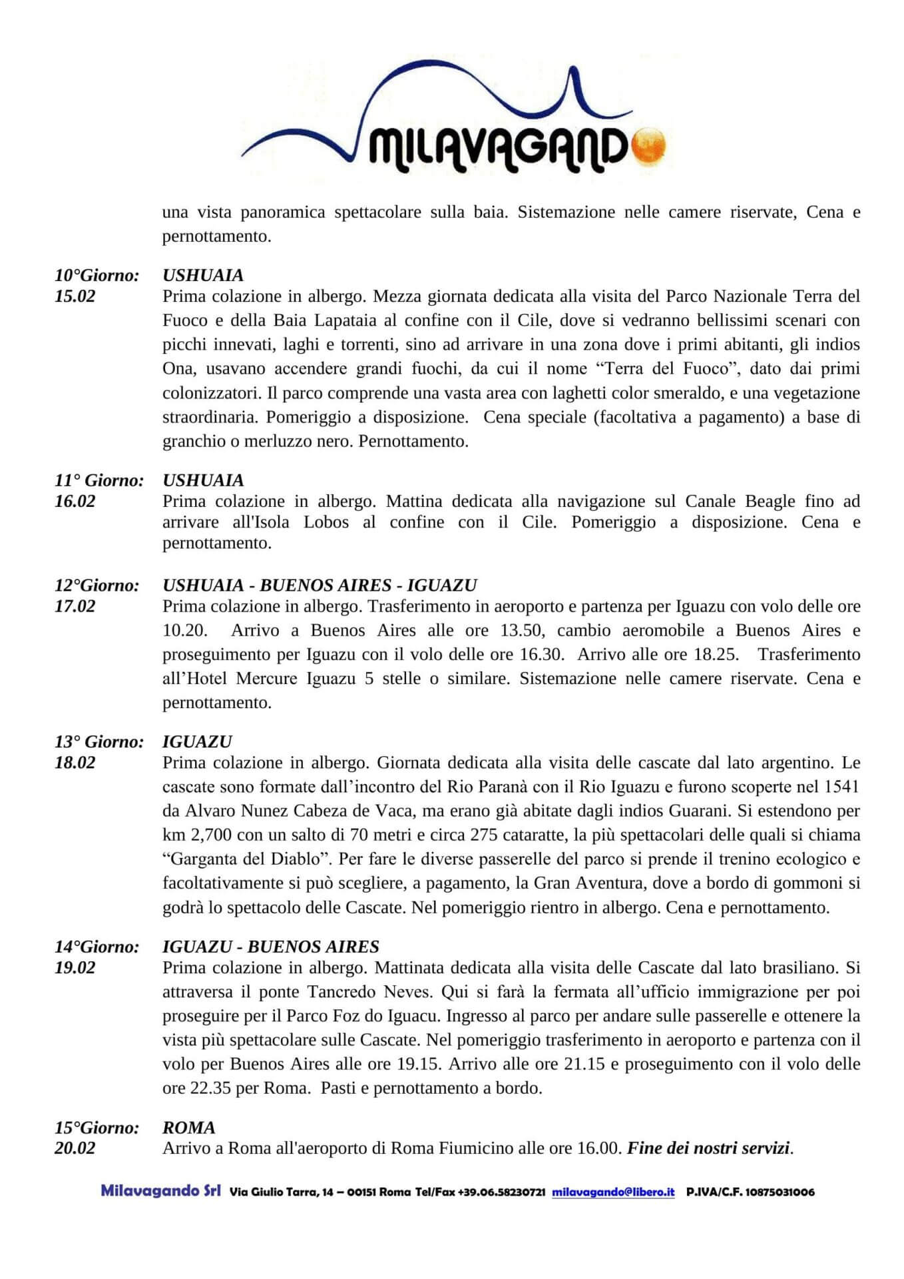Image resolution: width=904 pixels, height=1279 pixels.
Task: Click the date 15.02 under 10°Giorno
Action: (75, 296)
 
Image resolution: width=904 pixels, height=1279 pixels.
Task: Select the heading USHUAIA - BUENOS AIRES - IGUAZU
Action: (320, 586)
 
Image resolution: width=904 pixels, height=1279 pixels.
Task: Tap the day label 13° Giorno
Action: (99, 742)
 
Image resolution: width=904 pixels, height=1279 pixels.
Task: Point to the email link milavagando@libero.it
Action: (613, 1192)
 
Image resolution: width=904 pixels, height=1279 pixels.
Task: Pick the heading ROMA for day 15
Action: (189, 1128)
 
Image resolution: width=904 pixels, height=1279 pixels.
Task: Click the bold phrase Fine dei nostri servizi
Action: (708, 1148)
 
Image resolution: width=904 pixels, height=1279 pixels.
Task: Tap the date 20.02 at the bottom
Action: (75, 1148)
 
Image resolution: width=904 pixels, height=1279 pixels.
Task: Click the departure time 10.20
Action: (185, 630)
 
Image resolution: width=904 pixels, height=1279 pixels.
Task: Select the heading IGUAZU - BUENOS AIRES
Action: (270, 947)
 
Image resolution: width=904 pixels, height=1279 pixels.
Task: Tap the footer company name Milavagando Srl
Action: (160, 1191)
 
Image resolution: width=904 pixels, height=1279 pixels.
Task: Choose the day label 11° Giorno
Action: (99, 480)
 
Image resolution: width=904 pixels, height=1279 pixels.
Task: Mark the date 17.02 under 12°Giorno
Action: (75, 606)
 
